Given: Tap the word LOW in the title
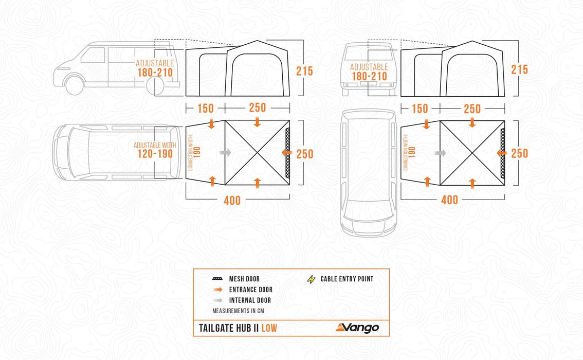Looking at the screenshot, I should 269,328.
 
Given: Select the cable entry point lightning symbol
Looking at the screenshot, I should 310,279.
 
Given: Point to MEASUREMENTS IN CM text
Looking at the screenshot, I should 238,311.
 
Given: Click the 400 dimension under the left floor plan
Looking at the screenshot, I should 232,201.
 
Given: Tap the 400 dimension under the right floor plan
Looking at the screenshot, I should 449,200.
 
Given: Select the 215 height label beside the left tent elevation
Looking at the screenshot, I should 304,71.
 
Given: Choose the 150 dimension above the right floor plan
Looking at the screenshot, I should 420,109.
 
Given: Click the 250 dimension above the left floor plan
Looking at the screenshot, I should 257,109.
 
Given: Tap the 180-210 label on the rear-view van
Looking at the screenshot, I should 369,77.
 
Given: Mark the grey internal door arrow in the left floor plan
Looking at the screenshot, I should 225,153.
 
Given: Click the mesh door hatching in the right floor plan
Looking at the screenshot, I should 502,153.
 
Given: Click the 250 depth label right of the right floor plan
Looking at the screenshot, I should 519,153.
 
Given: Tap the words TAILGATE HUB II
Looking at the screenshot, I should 229,328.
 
